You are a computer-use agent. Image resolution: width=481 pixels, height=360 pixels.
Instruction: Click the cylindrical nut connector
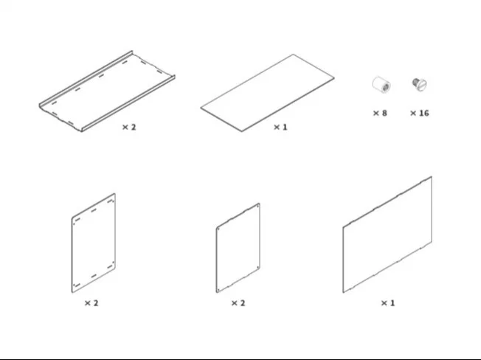[x=381, y=84]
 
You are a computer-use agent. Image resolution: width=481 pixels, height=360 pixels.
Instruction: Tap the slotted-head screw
[x=420, y=84]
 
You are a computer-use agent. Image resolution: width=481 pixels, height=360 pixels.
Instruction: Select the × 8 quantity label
[x=380, y=113]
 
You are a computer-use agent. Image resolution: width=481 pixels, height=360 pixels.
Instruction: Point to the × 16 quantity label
[x=419, y=113]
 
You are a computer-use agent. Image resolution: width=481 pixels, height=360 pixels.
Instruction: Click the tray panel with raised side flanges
[x=107, y=91]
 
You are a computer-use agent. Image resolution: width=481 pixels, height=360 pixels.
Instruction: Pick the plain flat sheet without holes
[x=267, y=93]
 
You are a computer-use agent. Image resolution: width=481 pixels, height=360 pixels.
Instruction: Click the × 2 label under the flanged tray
[x=129, y=127]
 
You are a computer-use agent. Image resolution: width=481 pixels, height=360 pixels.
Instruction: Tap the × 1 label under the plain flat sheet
[x=280, y=127]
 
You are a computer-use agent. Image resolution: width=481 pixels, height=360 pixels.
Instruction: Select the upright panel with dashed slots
[x=94, y=243]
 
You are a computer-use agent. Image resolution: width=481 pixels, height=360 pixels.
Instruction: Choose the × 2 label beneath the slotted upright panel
[x=91, y=303]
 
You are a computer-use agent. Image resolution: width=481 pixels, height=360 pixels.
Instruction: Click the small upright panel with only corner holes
[x=238, y=248]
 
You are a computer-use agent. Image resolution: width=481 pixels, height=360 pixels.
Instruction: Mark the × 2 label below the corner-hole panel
[x=238, y=303]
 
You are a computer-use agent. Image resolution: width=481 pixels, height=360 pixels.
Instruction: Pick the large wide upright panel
[x=387, y=235]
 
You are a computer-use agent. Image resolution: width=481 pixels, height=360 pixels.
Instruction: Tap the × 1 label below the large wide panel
[x=388, y=303]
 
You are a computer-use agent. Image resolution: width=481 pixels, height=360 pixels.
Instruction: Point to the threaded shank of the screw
[x=415, y=82]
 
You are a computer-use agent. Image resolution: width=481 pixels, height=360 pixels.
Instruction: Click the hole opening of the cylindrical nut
[x=386, y=87]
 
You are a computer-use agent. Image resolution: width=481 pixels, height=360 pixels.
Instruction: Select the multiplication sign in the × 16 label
[x=413, y=113]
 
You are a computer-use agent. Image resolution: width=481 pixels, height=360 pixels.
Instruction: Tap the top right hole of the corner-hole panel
[x=257, y=207]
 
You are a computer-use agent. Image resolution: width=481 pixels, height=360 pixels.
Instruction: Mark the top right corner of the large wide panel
[x=432, y=176]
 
